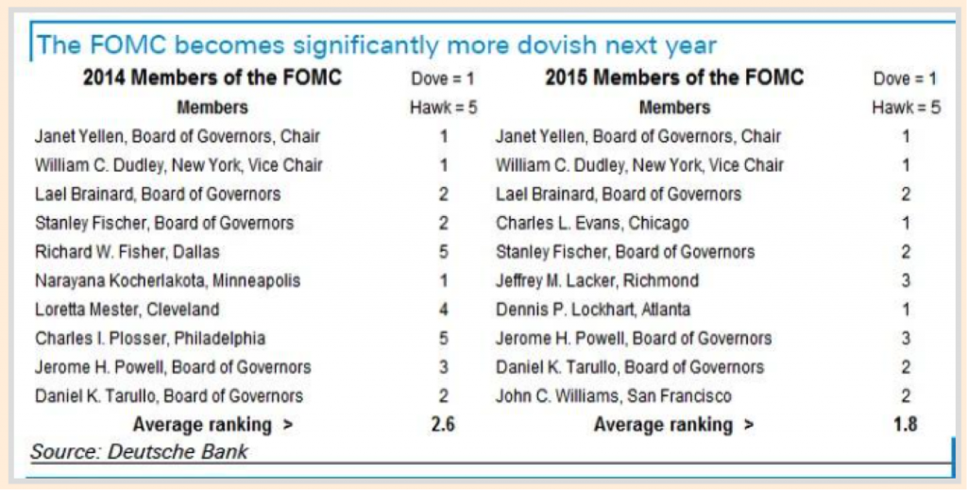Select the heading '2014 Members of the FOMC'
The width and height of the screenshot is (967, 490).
[x=212, y=77]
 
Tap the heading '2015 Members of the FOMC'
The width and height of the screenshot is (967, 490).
[x=674, y=77]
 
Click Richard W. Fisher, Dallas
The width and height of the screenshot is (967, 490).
[x=127, y=252]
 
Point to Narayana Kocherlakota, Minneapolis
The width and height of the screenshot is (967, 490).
[x=168, y=280]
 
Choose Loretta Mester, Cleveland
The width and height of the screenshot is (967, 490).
[x=127, y=309]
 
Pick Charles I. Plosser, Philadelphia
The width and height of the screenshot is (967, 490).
[x=150, y=338]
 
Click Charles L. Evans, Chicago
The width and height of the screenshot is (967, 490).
[x=592, y=224]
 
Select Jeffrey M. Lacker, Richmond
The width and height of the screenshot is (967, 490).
[x=597, y=280]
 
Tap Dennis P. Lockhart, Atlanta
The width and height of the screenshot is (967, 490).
[x=593, y=309]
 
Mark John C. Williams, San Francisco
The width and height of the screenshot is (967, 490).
[x=614, y=396]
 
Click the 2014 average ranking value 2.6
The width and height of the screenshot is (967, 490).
[x=443, y=425]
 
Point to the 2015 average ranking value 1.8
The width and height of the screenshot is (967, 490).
[x=905, y=425]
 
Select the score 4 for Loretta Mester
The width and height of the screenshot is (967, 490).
[x=443, y=309]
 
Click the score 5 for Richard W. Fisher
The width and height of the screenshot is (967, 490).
[x=443, y=252]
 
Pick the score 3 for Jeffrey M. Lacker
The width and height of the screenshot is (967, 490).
[x=905, y=280]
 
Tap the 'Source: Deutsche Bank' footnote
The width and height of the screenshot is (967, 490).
[x=139, y=451]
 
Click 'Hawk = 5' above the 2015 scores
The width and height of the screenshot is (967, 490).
[x=906, y=108]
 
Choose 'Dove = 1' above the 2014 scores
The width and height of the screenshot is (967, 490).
[x=443, y=78]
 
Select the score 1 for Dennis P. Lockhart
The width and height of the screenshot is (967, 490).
[x=905, y=309]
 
